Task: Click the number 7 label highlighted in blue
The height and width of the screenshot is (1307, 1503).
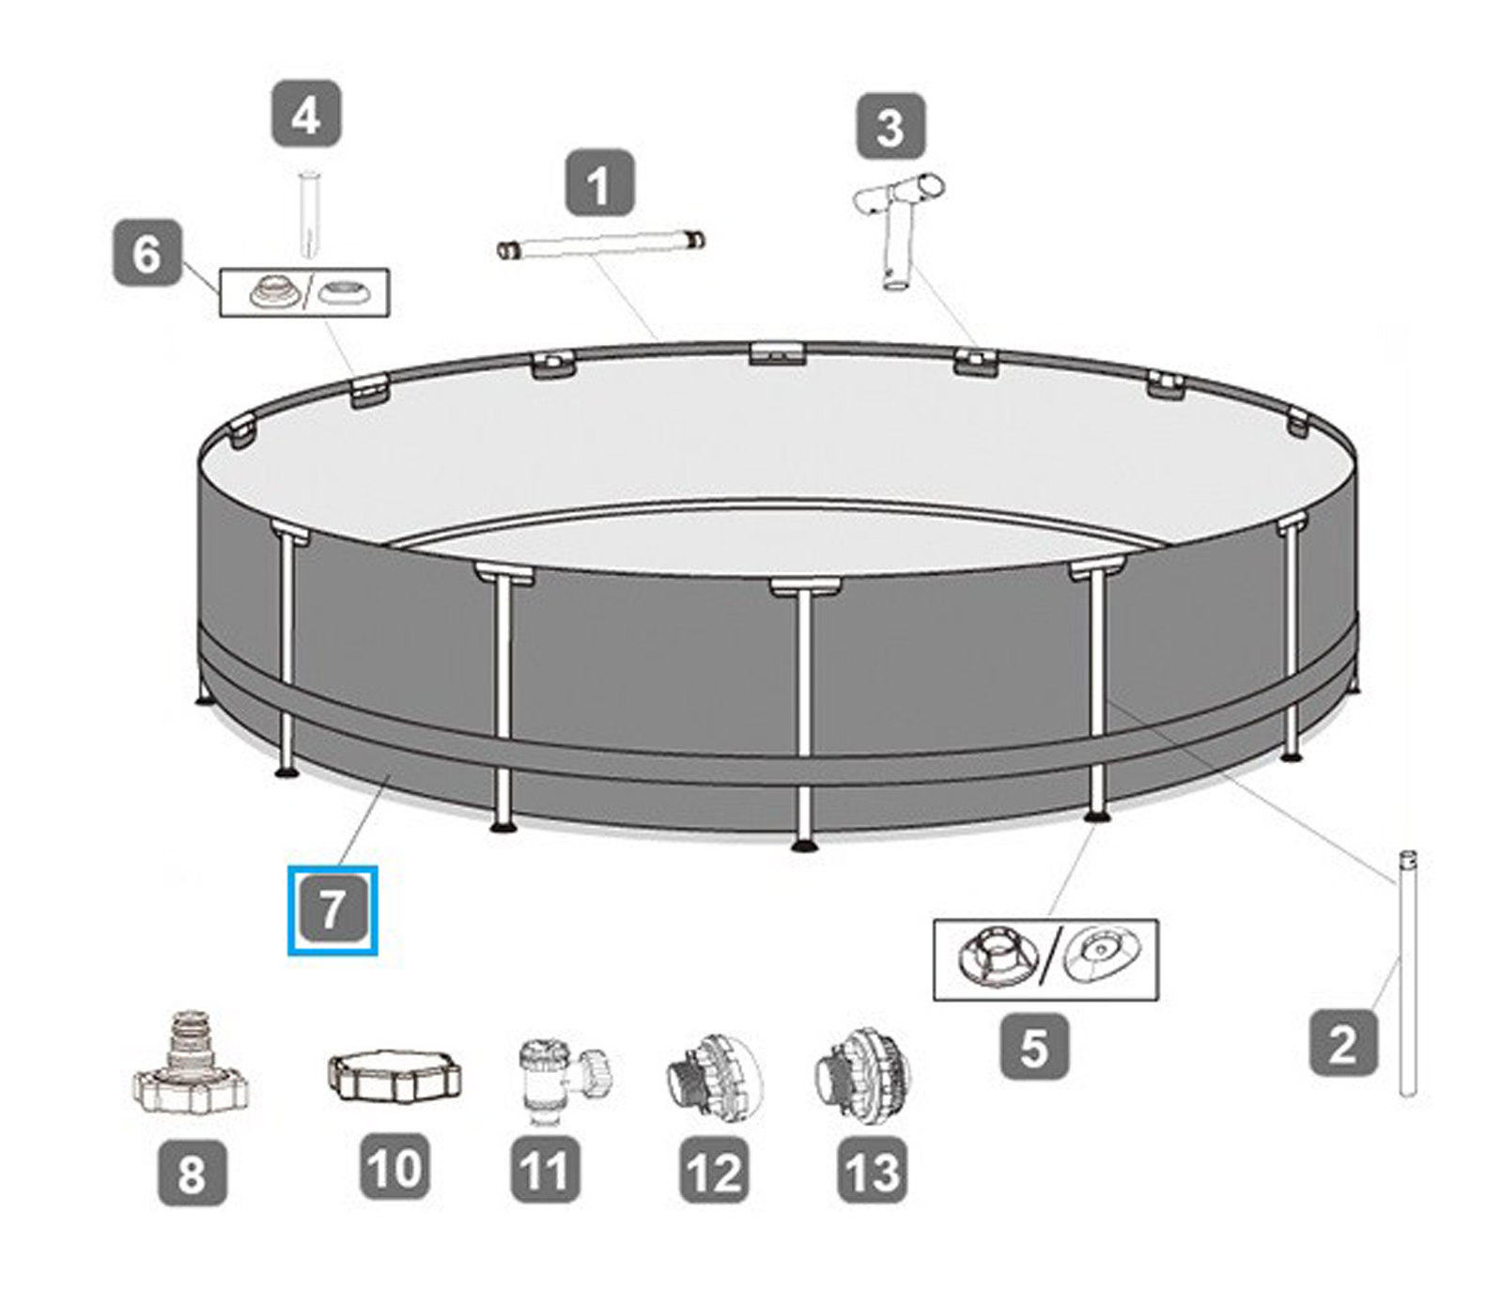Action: click(332, 910)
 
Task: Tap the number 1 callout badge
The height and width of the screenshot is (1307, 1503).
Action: click(599, 183)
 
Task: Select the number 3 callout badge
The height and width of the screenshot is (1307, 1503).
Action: click(891, 127)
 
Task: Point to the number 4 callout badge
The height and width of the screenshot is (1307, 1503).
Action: click(306, 115)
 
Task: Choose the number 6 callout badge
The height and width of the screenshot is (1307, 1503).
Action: click(147, 253)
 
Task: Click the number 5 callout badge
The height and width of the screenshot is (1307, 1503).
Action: click(1033, 1046)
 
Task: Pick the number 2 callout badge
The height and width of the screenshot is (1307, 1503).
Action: click(1343, 1042)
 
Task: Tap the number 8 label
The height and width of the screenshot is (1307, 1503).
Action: click(192, 1172)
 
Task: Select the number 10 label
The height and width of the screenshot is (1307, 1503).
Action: click(395, 1167)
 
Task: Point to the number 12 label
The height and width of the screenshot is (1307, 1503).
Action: click(714, 1170)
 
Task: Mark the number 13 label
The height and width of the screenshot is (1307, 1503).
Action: click(872, 1170)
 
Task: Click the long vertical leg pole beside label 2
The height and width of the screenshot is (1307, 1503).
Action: click(1407, 972)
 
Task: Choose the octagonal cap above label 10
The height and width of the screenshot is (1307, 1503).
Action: click(395, 1076)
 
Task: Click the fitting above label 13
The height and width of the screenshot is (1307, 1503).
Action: click(862, 1077)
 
